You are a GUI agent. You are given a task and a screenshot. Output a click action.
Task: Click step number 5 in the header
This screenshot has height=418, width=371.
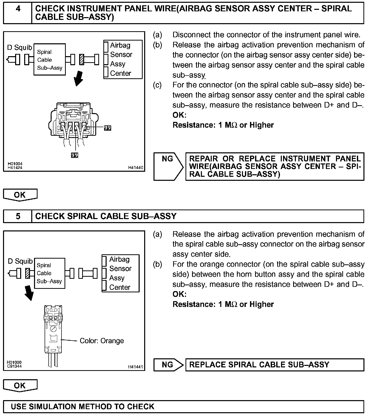tap(18, 216)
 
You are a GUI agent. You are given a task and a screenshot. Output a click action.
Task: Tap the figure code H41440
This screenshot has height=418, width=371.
tap(135, 167)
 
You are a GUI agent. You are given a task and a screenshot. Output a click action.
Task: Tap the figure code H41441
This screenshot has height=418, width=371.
tap(135, 367)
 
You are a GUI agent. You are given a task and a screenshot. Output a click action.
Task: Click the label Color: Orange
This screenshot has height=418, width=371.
tap(102, 341)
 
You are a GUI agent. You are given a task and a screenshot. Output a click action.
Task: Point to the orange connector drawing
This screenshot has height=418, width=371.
tap(53, 330)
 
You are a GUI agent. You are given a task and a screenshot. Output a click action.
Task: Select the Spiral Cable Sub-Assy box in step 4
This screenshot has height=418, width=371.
tap(50, 60)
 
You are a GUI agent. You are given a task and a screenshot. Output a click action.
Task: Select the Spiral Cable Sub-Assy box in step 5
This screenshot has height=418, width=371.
tap(49, 273)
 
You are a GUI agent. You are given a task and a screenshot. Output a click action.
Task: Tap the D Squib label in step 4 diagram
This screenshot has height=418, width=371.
tap(20, 47)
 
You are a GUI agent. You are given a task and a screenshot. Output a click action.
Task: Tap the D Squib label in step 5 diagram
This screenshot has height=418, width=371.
tap(20, 261)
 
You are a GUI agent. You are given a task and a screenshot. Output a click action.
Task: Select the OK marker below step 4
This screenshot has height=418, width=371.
tap(20, 195)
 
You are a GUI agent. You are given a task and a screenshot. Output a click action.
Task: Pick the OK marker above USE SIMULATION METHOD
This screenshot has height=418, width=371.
tap(20, 386)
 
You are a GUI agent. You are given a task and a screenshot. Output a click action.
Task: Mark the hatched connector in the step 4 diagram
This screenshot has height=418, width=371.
tap(81, 60)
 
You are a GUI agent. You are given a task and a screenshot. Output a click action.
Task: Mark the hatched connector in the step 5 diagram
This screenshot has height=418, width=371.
tap(28, 273)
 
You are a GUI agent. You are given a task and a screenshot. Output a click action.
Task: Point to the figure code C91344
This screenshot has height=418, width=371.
tap(14, 366)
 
